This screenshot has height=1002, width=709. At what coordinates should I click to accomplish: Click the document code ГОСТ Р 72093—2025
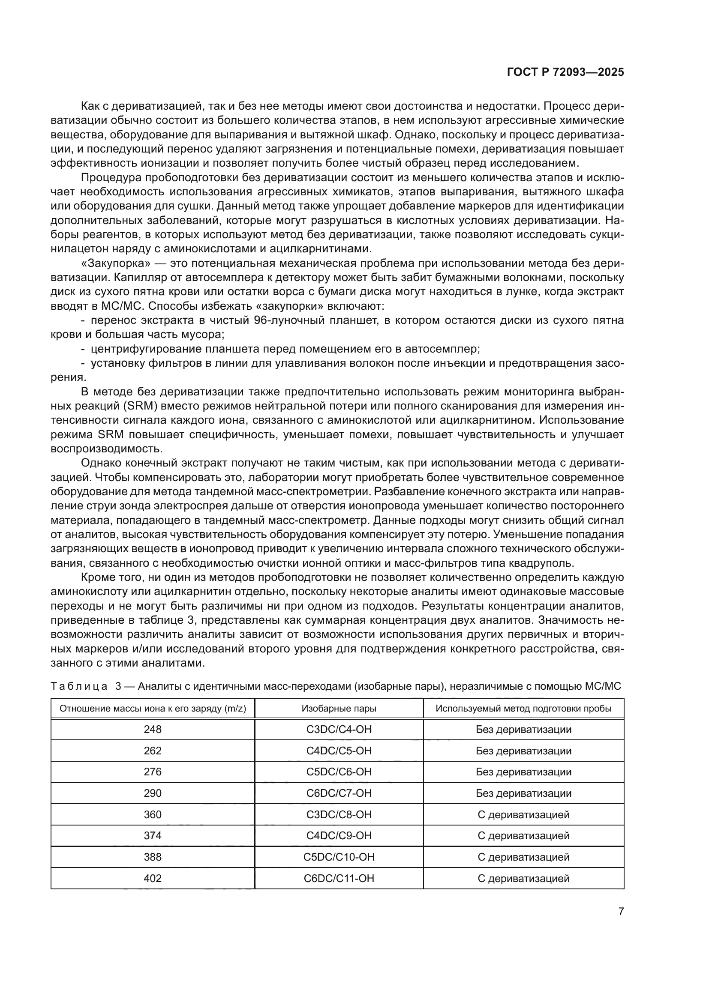pos(565,72)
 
